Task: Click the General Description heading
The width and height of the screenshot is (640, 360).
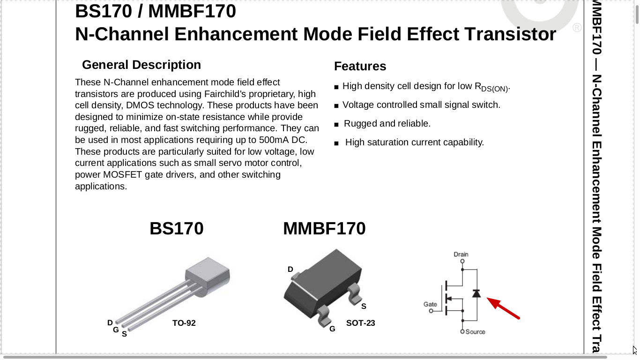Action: [x=141, y=65]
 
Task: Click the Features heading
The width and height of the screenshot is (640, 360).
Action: [x=360, y=67]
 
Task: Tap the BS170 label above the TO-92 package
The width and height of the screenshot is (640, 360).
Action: [x=177, y=228]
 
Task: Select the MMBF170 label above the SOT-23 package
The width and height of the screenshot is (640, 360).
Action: [x=324, y=228]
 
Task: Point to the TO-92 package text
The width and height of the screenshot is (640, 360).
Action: [x=184, y=323]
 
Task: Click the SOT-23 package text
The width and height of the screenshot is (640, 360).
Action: [x=361, y=323]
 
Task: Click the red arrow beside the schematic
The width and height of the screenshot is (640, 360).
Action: [x=503, y=308]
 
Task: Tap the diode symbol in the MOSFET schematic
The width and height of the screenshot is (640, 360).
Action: [x=476, y=293]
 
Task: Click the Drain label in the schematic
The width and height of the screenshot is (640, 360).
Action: [x=461, y=254]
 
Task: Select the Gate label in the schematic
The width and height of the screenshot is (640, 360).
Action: [x=430, y=304]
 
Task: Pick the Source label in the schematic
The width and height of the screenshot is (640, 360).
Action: [x=476, y=332]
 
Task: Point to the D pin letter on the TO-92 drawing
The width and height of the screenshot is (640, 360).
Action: [x=110, y=322]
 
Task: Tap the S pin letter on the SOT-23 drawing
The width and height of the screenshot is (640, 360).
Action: [x=364, y=306]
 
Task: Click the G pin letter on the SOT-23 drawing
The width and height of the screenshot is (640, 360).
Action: [x=332, y=329]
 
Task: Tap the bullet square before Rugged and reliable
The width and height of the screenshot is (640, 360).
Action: [x=336, y=125]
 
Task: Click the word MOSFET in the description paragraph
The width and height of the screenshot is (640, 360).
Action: [x=123, y=174]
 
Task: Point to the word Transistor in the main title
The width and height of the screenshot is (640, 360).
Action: [x=510, y=34]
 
